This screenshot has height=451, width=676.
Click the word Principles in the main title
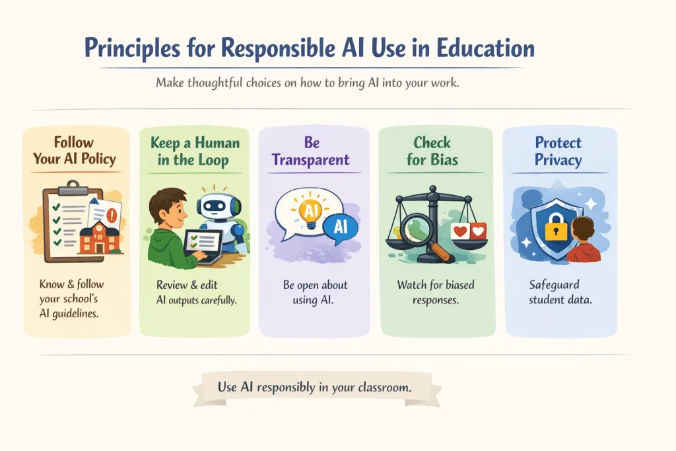tap(132, 48)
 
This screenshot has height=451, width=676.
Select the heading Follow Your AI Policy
tap(74, 150)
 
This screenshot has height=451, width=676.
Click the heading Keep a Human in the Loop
tap(195, 151)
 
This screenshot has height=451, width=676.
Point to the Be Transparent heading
tap(311, 151)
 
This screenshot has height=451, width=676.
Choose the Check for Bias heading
tap(432, 151)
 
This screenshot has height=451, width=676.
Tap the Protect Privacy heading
tap(558, 151)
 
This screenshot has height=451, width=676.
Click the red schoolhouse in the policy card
tap(99, 237)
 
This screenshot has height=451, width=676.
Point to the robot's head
tap(215, 207)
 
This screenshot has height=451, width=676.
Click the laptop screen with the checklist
tap(202, 242)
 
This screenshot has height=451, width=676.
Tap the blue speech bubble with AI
tap(341, 227)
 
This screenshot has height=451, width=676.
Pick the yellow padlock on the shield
tap(556, 227)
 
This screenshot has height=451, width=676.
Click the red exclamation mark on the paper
tap(113, 214)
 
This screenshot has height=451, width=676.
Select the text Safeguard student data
tap(560, 292)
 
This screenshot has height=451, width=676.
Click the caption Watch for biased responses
tap(436, 292)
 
